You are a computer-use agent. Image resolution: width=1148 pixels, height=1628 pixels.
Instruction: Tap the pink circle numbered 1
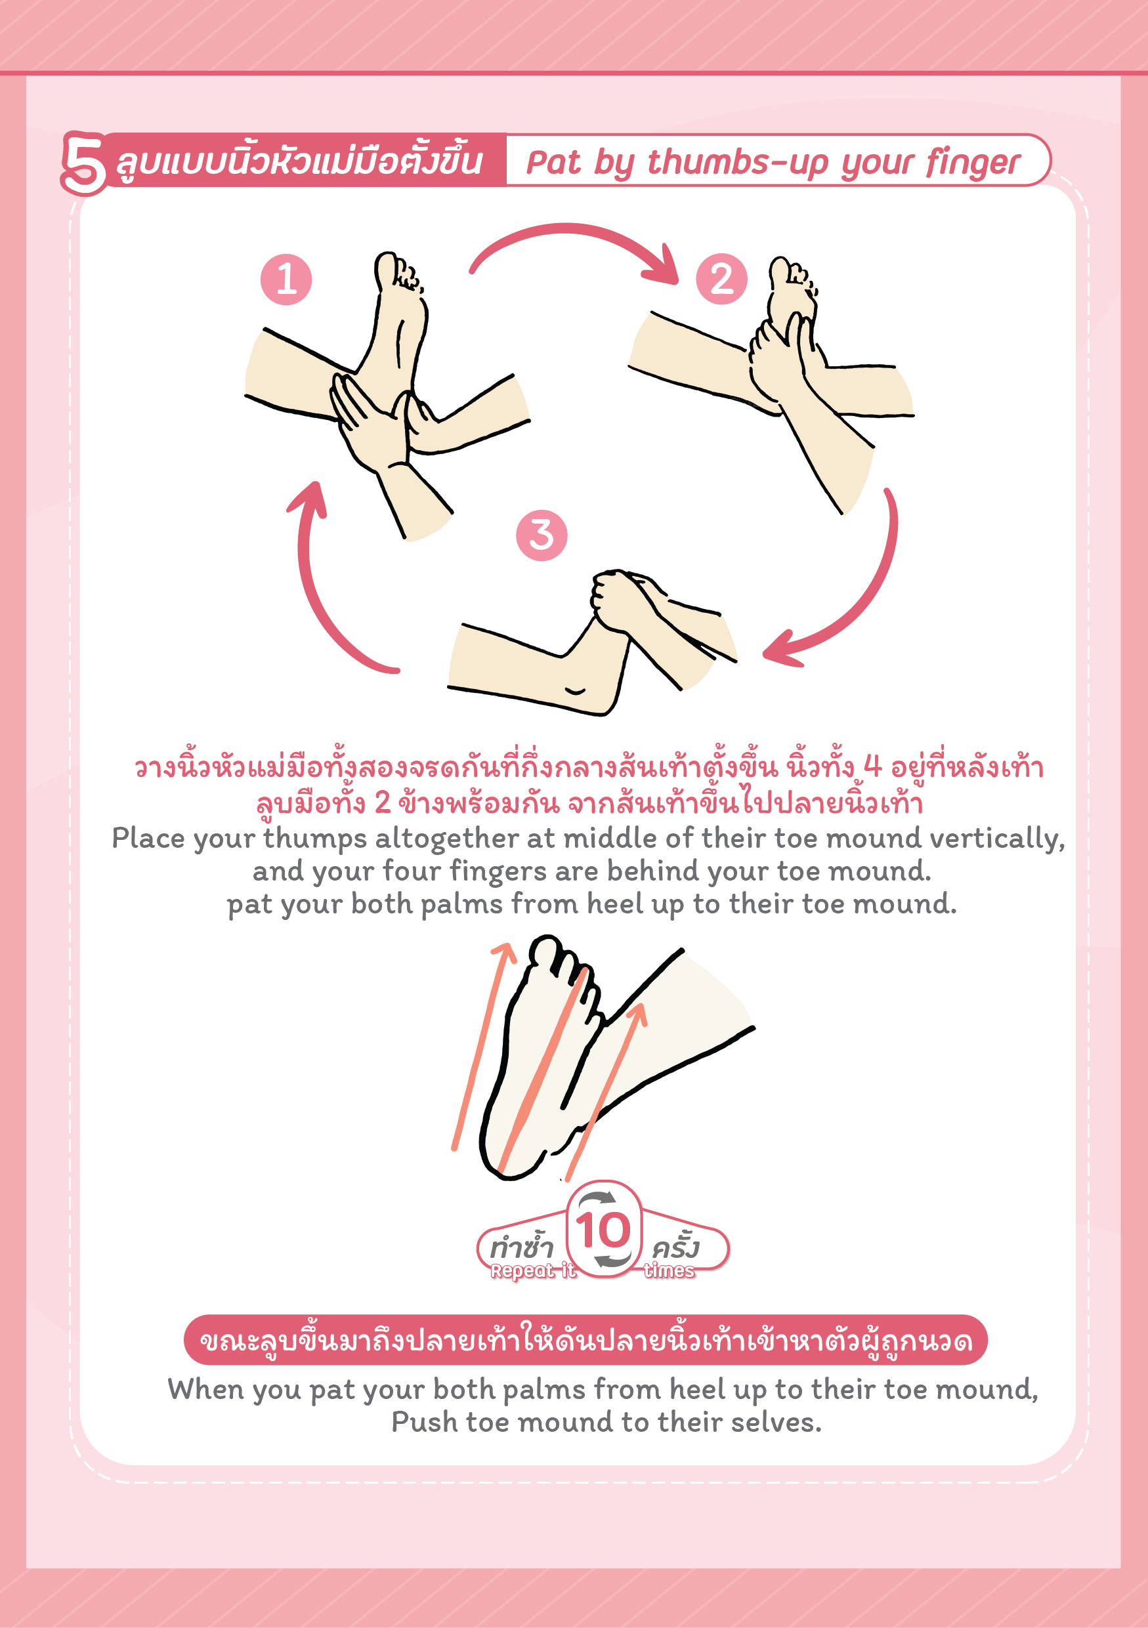pyautogui.click(x=286, y=280)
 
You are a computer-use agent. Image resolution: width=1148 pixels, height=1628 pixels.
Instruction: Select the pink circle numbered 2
pyautogui.click(x=722, y=280)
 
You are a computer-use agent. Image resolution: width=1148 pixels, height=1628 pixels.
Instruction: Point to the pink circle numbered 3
pyautogui.click(x=542, y=535)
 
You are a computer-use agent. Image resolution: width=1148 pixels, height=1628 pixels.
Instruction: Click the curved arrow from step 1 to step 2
pyautogui.click(x=567, y=228)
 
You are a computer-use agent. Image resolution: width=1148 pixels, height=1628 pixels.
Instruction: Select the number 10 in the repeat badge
pyautogui.click(x=603, y=1230)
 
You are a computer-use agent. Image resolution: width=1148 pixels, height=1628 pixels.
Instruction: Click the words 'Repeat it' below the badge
pyautogui.click(x=532, y=1271)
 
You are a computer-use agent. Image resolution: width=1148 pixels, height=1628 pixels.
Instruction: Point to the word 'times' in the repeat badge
pyautogui.click(x=670, y=1271)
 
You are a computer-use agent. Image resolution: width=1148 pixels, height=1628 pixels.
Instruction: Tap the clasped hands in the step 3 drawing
pyautogui.click(x=624, y=599)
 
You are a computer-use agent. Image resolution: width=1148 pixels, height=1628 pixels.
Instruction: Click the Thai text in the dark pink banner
pyautogui.click(x=585, y=1341)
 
